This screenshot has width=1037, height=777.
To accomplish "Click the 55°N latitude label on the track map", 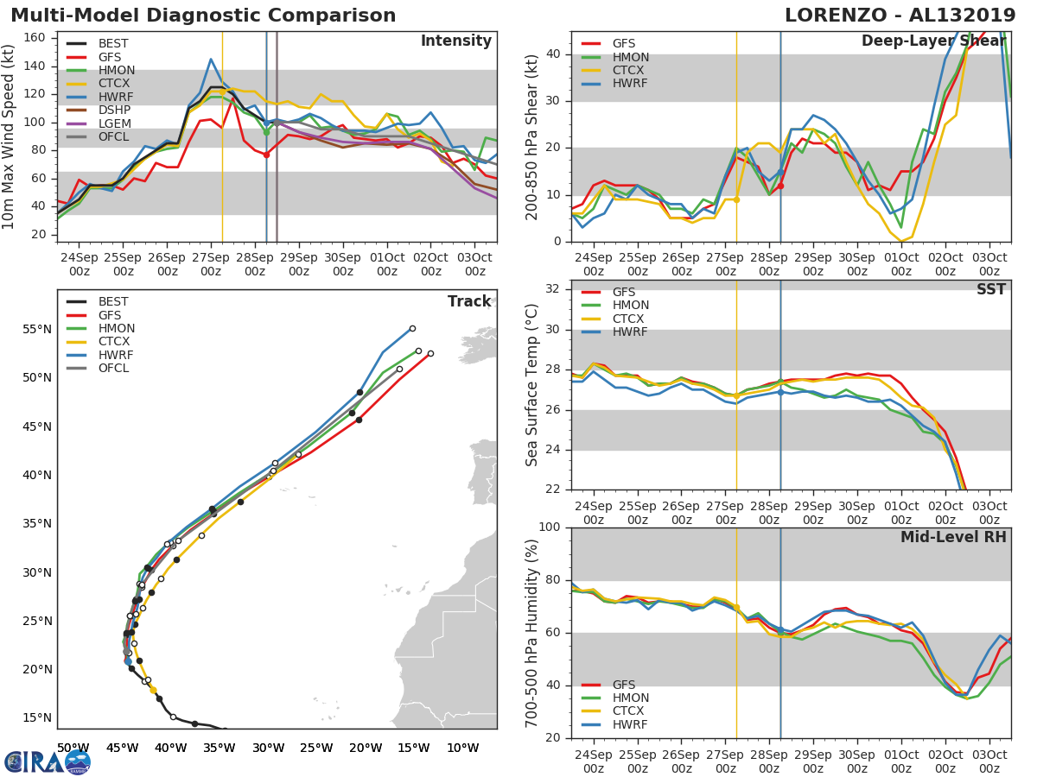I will [37, 329].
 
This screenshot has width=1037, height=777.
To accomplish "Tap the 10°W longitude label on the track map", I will [464, 748].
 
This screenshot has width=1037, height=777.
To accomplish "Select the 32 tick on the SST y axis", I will [553, 289].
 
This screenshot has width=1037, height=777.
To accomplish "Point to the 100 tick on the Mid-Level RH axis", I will [550, 527].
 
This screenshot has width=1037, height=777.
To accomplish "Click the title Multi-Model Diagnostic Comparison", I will [203, 16].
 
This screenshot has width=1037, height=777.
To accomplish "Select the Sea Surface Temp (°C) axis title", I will [532, 384].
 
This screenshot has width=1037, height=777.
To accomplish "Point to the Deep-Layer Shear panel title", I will [933, 41].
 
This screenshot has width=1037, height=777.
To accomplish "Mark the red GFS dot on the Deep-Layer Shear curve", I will [780, 186].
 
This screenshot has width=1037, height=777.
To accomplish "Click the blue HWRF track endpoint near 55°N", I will [412, 328].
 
